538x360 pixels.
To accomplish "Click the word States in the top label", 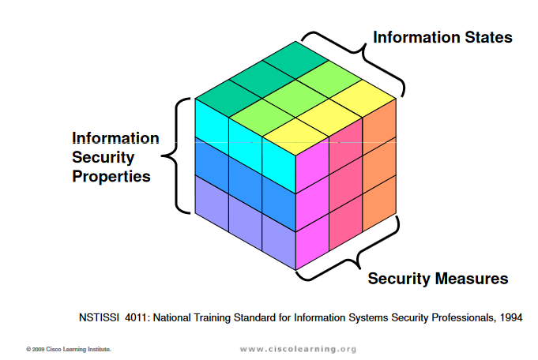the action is click(x=488, y=37).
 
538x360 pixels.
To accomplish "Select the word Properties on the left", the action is click(x=111, y=177).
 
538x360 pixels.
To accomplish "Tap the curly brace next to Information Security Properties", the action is click(x=176, y=156).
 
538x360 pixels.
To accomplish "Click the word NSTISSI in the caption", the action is click(x=99, y=318).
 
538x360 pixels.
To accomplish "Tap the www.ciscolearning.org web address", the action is click(x=298, y=349).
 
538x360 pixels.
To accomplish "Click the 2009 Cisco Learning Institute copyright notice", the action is click(x=69, y=350).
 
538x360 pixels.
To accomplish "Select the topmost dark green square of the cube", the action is click(x=295, y=60).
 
